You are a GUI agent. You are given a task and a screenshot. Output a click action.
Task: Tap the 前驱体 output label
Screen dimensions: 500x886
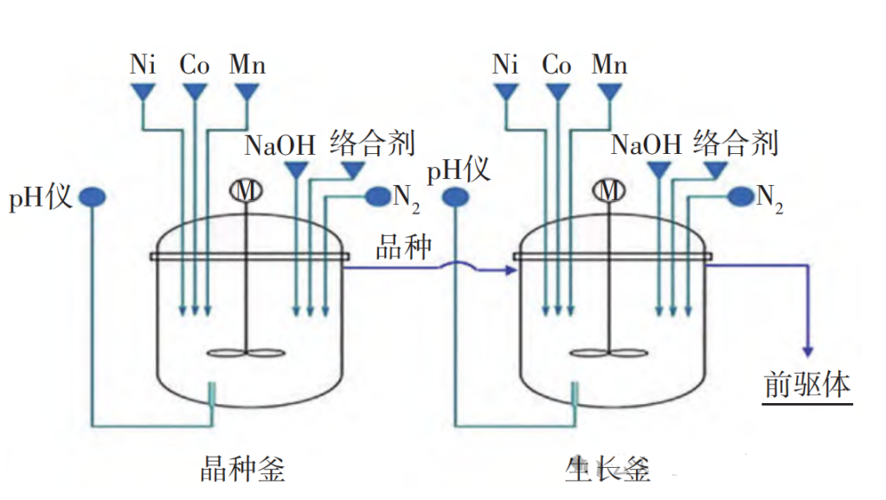808,385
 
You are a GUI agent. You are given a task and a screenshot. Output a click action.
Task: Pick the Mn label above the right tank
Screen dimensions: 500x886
610,65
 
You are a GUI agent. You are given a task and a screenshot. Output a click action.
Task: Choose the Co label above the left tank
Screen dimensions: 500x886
195,65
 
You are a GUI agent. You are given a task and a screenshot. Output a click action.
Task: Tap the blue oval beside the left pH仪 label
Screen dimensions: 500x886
93,198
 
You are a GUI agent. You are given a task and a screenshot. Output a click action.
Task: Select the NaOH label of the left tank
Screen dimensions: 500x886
279,144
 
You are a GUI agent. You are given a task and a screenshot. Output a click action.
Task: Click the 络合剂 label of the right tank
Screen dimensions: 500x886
736,143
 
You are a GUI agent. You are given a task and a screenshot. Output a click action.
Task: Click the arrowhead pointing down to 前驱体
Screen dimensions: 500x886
808,350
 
